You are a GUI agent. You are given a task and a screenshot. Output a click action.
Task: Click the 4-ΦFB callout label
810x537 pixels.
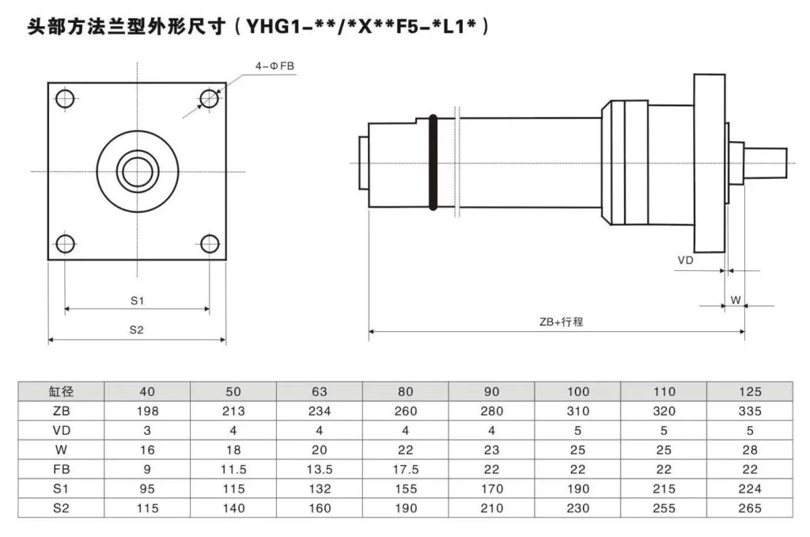tap(274, 69)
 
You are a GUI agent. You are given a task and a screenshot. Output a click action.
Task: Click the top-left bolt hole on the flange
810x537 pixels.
tap(66, 99)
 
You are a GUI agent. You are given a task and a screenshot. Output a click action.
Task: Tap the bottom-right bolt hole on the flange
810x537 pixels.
tap(209, 243)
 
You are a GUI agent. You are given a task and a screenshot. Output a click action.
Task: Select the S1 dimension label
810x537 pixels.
tap(137, 300)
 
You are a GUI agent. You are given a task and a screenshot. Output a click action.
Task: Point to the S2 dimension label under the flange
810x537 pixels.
tap(137, 330)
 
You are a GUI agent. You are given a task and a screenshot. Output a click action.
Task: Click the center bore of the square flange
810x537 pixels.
tap(137, 171)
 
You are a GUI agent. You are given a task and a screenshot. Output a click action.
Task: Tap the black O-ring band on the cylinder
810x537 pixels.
tap(433, 163)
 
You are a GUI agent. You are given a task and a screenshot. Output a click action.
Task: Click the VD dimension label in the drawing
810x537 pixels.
tap(687, 260)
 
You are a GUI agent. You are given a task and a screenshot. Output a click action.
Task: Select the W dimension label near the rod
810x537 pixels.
tap(735, 300)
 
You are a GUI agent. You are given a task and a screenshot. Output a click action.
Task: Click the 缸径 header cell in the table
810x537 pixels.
tap(61, 391)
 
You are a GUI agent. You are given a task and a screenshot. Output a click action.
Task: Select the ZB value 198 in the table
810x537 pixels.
tap(147, 411)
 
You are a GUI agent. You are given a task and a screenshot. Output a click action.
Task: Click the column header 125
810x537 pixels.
tap(749, 391)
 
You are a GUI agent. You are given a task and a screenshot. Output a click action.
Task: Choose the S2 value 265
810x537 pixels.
tap(749, 508)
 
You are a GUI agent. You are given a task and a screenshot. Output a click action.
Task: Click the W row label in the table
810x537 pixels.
tap(61, 450)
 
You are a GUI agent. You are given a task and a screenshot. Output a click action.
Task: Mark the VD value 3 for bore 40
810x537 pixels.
tap(147, 430)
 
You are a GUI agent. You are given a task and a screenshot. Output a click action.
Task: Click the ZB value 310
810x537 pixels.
tap(577, 411)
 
